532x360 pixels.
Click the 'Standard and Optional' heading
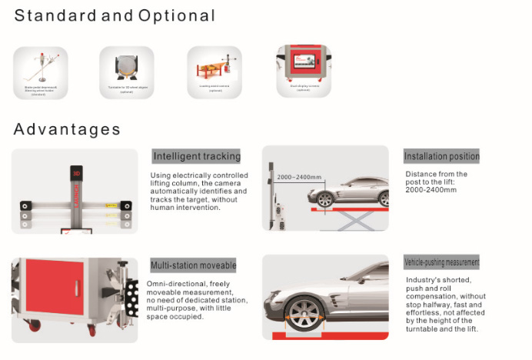[x=115, y=15]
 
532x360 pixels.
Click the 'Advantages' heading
[x=67, y=128]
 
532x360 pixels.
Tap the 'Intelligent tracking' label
[x=197, y=156]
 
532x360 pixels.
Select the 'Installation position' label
[x=441, y=156]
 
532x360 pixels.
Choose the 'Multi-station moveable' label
[x=193, y=265]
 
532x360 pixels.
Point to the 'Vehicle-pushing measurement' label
[x=441, y=262]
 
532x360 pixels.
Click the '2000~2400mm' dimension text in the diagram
[x=298, y=178]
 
